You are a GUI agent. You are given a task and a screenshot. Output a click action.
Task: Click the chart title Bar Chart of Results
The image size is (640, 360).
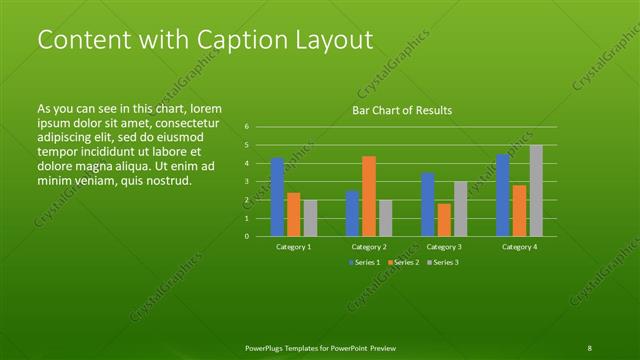click(x=401, y=110)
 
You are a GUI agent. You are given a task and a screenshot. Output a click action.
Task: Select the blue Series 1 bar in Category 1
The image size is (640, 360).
click(x=277, y=197)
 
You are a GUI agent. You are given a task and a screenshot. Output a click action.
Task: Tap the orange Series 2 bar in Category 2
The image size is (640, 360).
click(x=369, y=196)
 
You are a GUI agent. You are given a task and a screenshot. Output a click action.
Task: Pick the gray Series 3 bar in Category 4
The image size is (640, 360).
click(x=536, y=191)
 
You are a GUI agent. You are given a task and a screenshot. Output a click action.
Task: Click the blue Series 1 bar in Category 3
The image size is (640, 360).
click(x=427, y=205)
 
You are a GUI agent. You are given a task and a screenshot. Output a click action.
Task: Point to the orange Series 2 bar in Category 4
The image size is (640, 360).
click(x=520, y=211)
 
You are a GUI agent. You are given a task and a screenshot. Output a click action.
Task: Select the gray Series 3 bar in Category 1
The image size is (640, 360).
click(x=310, y=218)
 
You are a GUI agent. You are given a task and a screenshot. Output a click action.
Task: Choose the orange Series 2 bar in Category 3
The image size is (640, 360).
click(x=443, y=220)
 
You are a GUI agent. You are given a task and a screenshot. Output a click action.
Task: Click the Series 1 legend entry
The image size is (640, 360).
click(x=363, y=262)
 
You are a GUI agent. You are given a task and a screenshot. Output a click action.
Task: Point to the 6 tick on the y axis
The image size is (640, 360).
click(x=247, y=127)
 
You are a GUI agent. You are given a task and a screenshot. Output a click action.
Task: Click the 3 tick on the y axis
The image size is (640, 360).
click(x=247, y=182)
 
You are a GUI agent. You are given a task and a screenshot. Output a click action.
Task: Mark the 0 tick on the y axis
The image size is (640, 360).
click(x=247, y=237)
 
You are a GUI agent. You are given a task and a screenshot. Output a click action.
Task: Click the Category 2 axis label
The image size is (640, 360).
click(x=369, y=246)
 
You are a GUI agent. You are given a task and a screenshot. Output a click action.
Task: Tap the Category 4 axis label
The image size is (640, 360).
click(x=520, y=246)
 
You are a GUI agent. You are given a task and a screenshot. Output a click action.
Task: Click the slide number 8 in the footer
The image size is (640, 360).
click(x=590, y=347)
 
